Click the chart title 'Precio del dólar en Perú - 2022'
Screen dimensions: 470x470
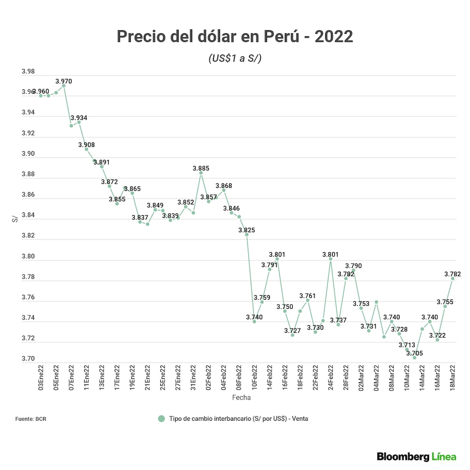(x=235, y=36)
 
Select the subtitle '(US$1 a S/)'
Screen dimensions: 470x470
(x=235, y=59)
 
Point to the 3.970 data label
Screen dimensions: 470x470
(x=63, y=81)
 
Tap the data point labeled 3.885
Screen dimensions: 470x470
(x=201, y=173)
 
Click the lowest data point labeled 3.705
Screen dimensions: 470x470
(x=415, y=358)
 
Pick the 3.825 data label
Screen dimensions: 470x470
(x=247, y=230)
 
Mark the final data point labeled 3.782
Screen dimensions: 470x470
(x=453, y=279)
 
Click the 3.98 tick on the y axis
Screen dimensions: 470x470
(x=28, y=72)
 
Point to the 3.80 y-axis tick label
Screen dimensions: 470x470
(x=28, y=257)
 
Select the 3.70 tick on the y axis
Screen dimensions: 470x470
(x=28, y=359)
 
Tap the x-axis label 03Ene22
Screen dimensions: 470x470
(x=41, y=378)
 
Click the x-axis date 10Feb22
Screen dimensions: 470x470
(x=254, y=378)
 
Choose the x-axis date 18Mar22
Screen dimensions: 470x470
(x=453, y=378)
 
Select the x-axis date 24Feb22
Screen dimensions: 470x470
(x=330, y=378)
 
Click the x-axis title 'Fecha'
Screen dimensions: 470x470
(x=241, y=398)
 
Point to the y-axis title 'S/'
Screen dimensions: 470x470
(x=15, y=219)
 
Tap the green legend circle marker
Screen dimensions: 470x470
(x=162, y=419)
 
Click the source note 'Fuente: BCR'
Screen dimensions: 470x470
(x=31, y=419)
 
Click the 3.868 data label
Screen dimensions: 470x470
(x=224, y=186)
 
